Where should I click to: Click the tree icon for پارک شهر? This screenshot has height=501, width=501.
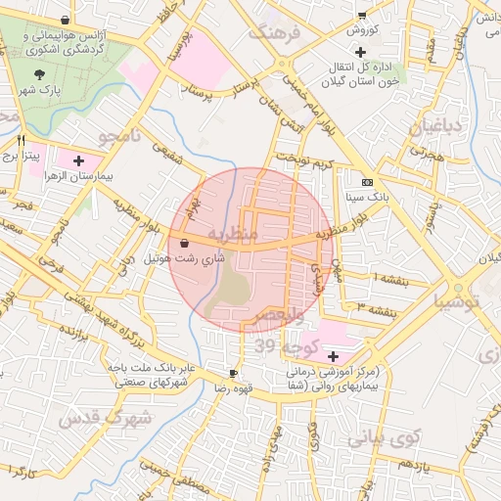pos(39,74)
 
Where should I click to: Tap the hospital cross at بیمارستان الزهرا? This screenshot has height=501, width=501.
pos(78,159)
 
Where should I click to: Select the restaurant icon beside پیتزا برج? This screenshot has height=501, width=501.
pos(21,140)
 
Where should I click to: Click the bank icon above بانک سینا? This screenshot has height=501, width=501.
pos(367,182)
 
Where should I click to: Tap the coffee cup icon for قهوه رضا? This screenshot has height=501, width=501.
pos(233,374)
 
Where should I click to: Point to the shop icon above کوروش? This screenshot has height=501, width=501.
pos(361,16)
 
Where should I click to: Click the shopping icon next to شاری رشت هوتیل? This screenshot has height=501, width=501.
pos(185,244)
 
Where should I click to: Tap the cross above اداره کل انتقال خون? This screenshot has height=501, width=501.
pos(361,51)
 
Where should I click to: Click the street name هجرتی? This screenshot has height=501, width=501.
pos(427,155)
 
